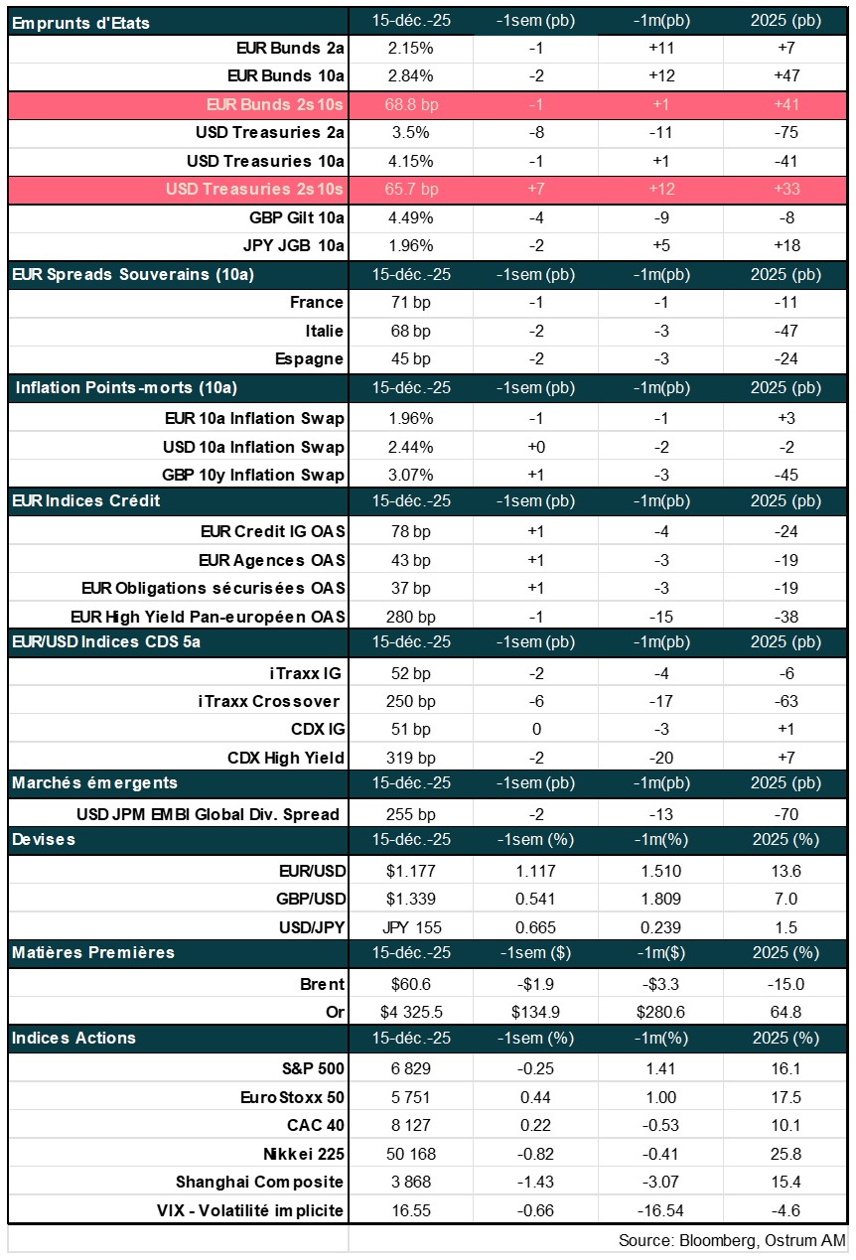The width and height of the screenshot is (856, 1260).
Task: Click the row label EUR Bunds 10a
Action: [286, 75]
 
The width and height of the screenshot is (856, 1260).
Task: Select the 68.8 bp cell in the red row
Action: [410, 103]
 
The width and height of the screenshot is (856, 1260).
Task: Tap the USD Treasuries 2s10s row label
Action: [255, 189]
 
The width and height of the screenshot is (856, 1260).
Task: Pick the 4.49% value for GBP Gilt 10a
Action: [410, 217]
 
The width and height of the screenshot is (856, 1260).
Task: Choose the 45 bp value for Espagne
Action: [410, 358]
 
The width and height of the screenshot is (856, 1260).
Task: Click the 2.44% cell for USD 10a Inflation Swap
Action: [410, 447]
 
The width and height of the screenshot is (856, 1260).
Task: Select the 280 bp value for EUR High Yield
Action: [410, 617]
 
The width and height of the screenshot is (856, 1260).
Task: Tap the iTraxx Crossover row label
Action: [270, 701]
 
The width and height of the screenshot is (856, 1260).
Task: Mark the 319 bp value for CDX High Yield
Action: [410, 758]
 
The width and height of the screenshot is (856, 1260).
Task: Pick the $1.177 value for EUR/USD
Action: [410, 871]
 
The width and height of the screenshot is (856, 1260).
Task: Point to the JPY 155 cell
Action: [410, 927]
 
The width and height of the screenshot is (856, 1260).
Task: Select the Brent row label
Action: [322, 984]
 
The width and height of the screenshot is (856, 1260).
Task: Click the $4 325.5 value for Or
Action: [410, 1012]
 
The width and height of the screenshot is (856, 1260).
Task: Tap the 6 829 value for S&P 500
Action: [410, 1069]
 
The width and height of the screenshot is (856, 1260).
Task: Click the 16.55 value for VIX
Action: [410, 1210]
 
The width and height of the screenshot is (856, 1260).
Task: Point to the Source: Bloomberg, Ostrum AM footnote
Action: [732, 1240]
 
